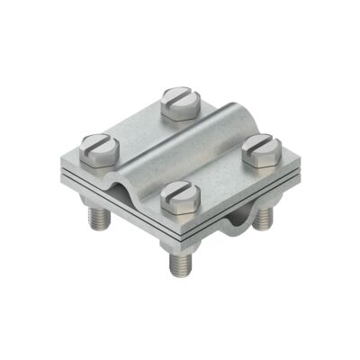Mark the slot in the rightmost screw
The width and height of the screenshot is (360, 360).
260,141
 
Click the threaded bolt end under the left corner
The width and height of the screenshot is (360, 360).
96,220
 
